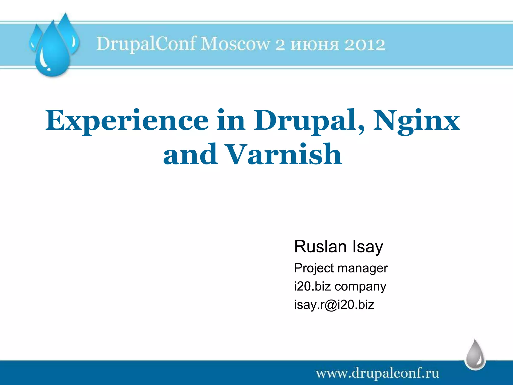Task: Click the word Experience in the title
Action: pyautogui.click(x=126, y=121)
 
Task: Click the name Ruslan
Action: pyautogui.click(x=320, y=247)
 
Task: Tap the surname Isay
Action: pyautogui.click(x=368, y=247)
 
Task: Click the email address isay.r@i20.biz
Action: pyautogui.click(x=334, y=305)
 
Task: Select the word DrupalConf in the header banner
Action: pyautogui.click(x=146, y=44)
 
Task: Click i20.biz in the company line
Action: pyautogui.click(x=312, y=286)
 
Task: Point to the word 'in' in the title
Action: pyautogui.click(x=231, y=121)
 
